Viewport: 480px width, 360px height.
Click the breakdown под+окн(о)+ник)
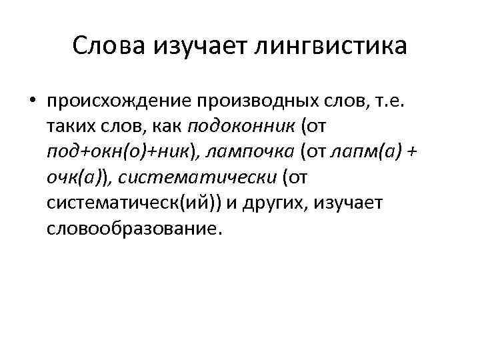click(120, 151)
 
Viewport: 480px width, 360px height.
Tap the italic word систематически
click(197, 177)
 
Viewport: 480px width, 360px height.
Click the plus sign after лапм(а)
click(411, 151)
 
